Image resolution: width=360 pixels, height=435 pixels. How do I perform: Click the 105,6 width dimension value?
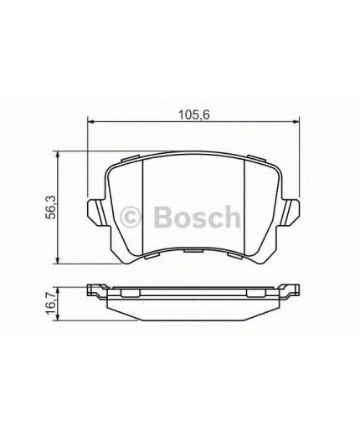tap(191, 115)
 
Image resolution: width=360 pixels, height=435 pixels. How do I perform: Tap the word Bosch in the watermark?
tap(196, 217)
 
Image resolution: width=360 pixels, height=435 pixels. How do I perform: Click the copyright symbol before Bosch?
tap(135, 218)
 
